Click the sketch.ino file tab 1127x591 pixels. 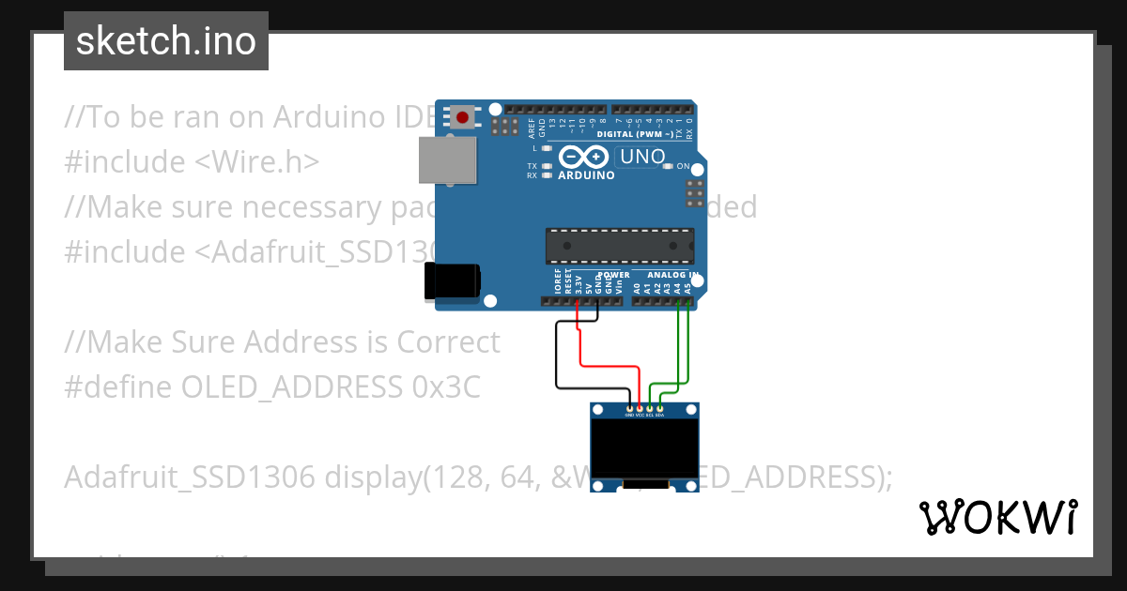(165, 41)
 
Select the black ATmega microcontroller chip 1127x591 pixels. (620, 245)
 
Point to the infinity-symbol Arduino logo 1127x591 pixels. (584, 157)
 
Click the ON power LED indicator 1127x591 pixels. (668, 166)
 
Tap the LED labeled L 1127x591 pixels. (547, 148)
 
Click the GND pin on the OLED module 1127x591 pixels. (629, 408)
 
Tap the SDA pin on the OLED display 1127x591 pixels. (660, 408)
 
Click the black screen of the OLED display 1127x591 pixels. (644, 448)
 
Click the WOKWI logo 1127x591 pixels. (997, 517)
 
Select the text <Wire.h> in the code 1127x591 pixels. (256, 161)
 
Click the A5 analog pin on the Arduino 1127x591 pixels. (688, 302)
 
